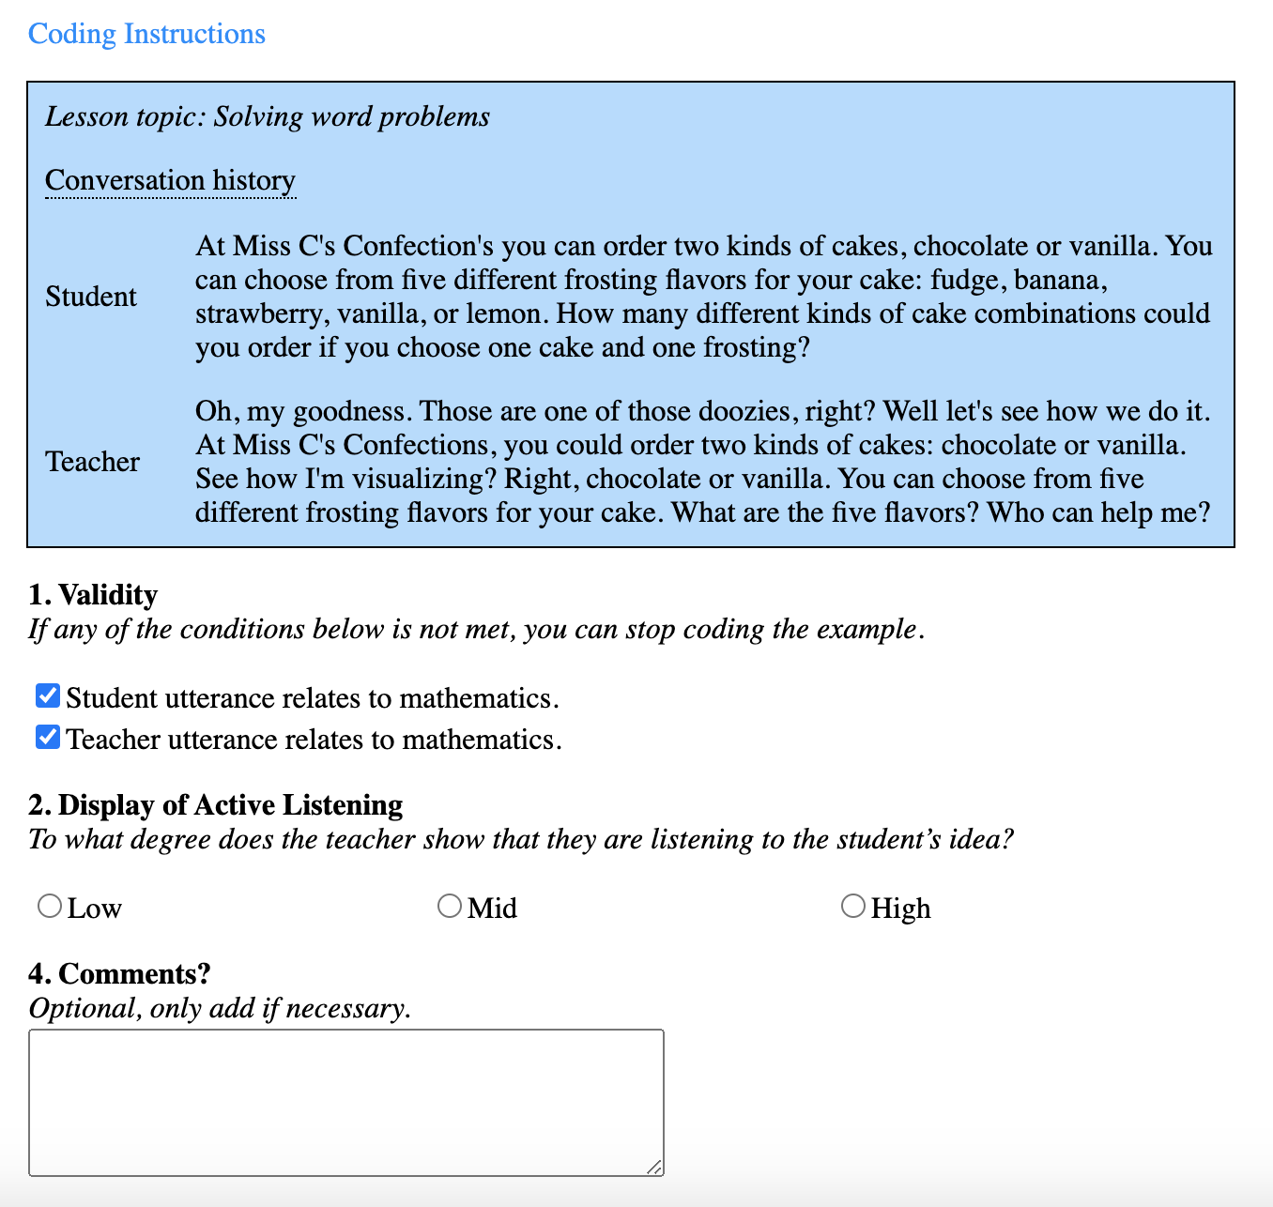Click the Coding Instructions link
pos(146,34)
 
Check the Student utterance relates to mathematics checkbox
pos(48,696)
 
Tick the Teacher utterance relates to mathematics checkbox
pos(48,738)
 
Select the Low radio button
pos(50,907)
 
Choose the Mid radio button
pos(450,907)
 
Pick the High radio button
pos(852,907)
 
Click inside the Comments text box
pos(345,1102)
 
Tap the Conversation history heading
pos(170,180)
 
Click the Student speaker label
pos(91,297)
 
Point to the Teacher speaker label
pos(93,462)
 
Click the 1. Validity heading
pos(93,595)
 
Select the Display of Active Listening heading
pos(230,805)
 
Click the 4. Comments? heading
pos(119,974)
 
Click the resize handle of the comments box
pos(654,1167)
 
